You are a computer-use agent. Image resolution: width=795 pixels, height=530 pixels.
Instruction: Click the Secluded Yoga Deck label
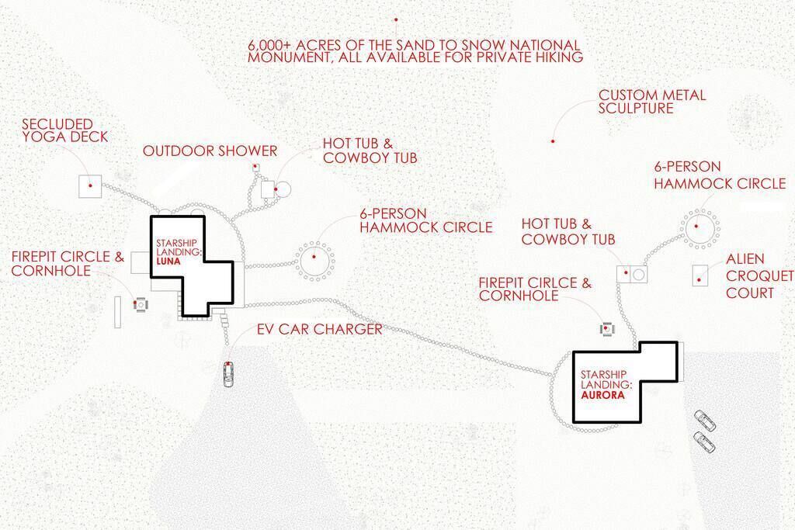65,130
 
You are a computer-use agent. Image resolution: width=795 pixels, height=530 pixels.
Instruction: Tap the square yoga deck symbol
90,186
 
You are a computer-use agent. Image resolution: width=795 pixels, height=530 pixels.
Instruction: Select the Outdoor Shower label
210,151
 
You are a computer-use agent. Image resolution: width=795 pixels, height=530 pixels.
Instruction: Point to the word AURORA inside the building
602,395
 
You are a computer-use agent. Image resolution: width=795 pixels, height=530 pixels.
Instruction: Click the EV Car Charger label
319,329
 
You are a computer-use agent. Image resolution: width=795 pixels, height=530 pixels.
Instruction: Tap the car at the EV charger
229,374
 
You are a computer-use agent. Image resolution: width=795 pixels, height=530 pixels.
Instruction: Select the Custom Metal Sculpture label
651,102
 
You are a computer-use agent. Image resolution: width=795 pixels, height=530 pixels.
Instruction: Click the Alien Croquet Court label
760,276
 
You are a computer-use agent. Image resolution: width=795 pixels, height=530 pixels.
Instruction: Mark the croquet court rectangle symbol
700,275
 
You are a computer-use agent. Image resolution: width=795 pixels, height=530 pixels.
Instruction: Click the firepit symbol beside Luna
141,304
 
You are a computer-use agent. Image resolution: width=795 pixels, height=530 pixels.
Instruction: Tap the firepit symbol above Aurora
607,329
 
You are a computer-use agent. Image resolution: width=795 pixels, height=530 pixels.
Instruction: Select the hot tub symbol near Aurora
624,274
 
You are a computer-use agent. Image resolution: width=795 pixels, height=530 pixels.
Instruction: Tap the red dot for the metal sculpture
553,141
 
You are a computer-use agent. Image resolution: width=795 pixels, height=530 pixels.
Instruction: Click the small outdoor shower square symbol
256,166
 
